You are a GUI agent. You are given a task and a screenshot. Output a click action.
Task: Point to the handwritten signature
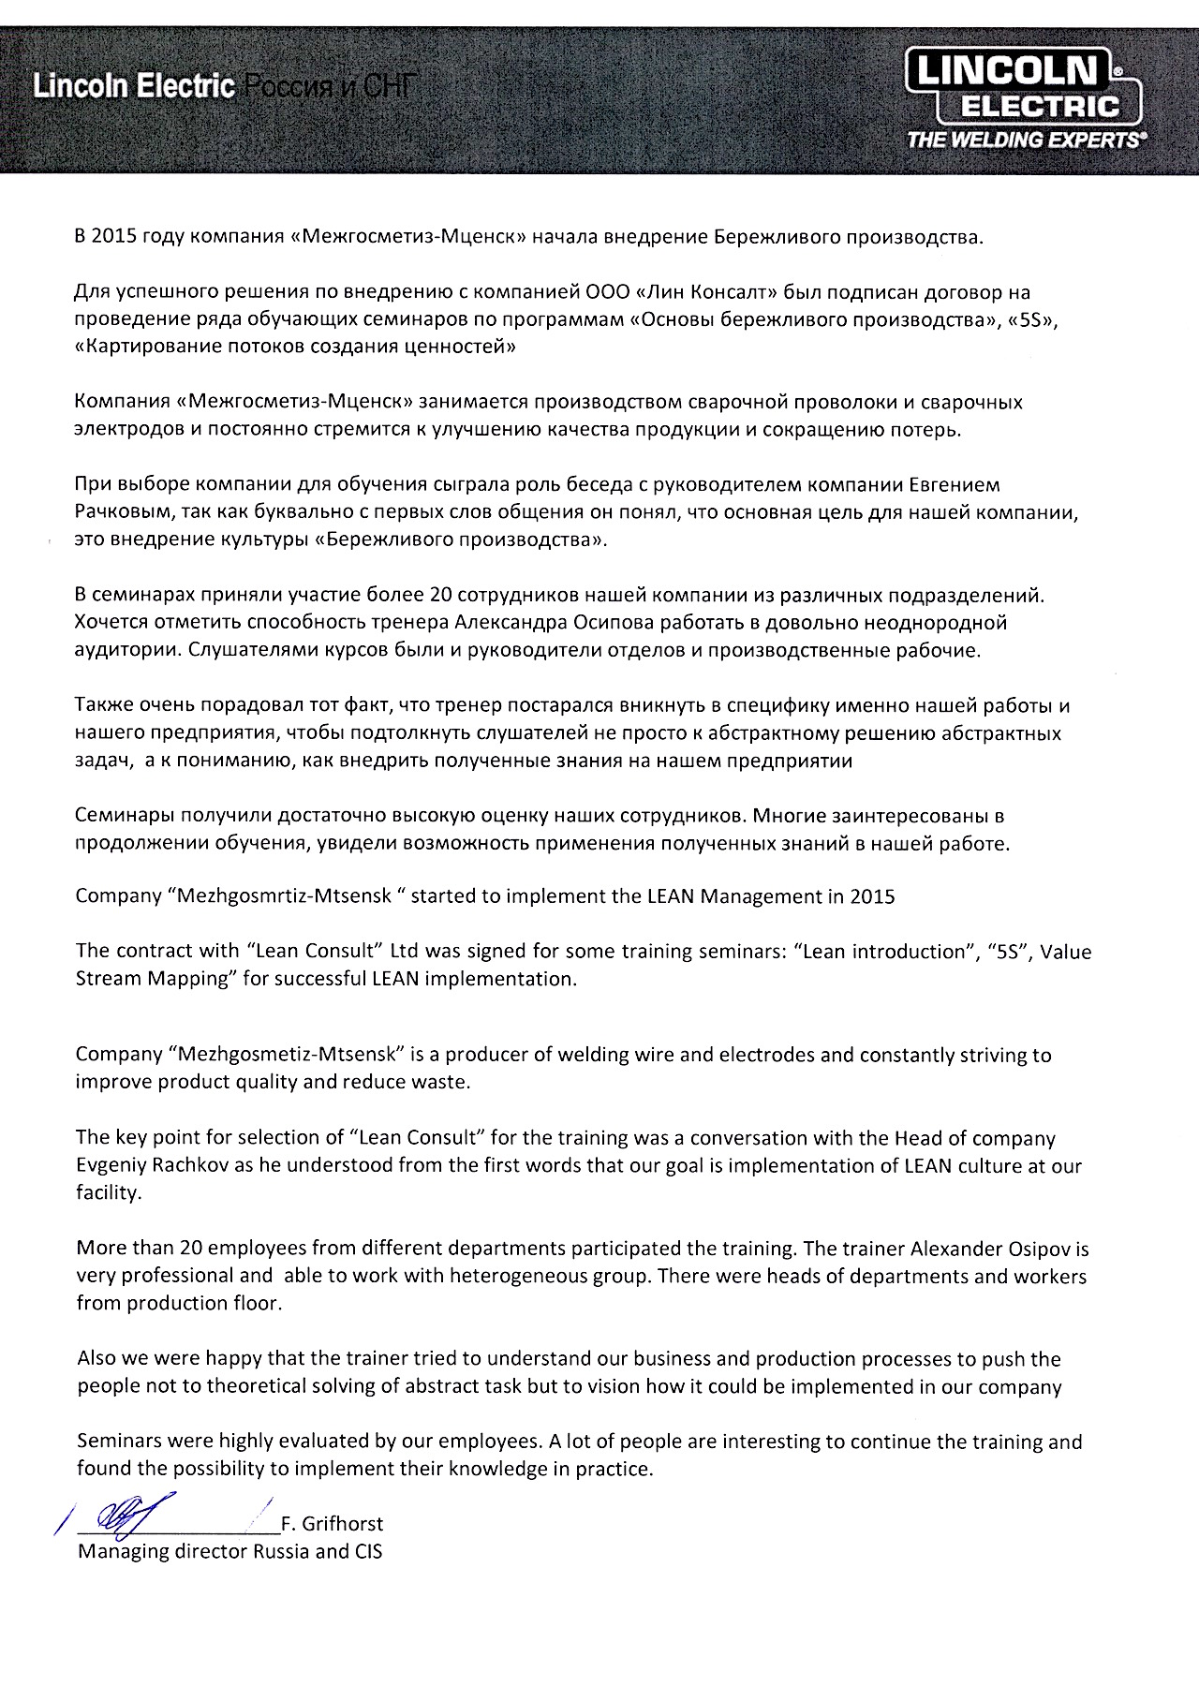pos(131,1515)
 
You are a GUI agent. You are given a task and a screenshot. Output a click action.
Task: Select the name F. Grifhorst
pos(332,1524)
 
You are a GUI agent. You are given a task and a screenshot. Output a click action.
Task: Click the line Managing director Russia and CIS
pos(229,1551)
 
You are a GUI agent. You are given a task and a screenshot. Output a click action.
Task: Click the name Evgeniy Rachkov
pos(145,1166)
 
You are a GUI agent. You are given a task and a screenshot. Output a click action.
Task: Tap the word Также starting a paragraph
pos(104,705)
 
